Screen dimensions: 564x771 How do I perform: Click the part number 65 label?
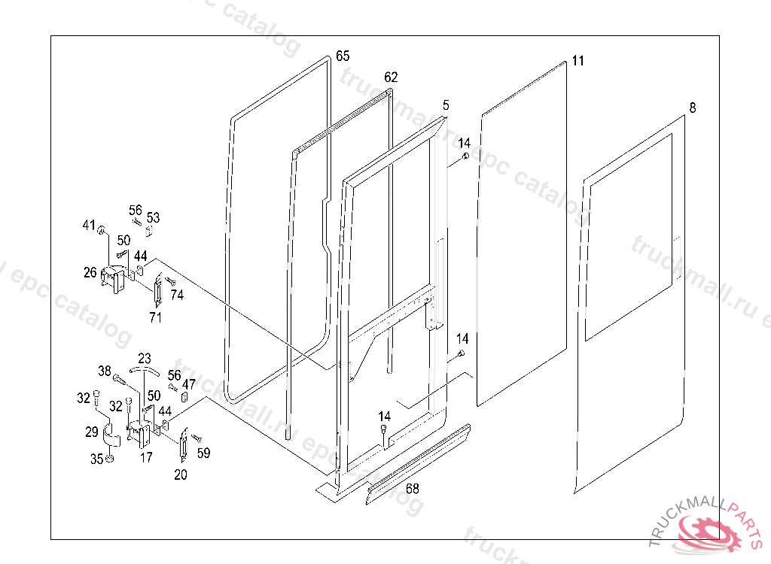coord(343,56)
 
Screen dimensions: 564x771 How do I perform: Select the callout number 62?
coord(391,77)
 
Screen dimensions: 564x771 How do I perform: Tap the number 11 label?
coord(577,61)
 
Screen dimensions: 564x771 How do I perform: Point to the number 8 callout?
coord(693,108)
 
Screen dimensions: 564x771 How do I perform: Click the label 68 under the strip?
coord(413,488)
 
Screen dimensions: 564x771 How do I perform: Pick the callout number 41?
coord(89,226)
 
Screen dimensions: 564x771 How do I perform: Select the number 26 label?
coord(90,272)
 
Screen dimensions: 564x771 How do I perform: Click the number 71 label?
coord(156,317)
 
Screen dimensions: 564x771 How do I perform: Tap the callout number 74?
coord(177,296)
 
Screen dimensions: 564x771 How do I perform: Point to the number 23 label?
coord(145,358)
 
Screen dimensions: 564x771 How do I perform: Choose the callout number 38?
coord(105,371)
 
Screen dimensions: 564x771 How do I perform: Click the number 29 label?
coord(91,432)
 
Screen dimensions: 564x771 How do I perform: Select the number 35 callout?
coord(97,458)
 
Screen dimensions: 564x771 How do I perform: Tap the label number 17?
coord(146,456)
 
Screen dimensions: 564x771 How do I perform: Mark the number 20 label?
coord(181,475)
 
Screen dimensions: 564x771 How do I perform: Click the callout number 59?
coord(203,453)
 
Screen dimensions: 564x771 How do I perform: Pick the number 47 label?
coord(190,384)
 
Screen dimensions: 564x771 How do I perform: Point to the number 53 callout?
coord(154,217)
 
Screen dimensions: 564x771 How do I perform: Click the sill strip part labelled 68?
coord(418,463)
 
